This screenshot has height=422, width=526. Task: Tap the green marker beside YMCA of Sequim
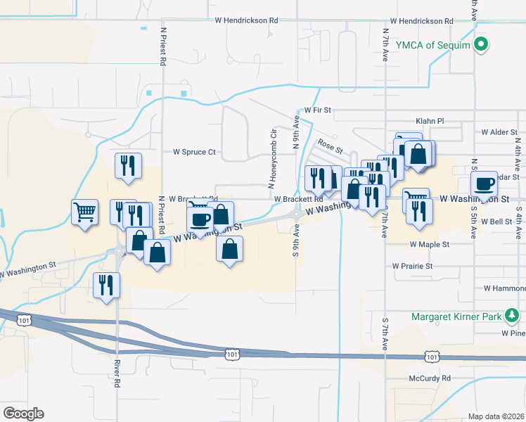(x=481, y=46)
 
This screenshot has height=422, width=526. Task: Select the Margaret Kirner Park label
(x=458, y=316)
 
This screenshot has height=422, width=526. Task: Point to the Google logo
(x=23, y=414)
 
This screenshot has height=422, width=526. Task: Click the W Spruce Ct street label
(x=194, y=152)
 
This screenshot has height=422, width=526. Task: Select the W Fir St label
(x=317, y=111)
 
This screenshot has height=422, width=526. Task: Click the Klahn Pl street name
(x=430, y=121)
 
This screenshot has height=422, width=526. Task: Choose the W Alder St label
(x=499, y=132)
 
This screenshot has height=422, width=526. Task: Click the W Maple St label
(x=430, y=245)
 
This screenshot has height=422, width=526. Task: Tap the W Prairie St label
(x=413, y=267)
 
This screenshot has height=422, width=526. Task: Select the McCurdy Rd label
(x=430, y=378)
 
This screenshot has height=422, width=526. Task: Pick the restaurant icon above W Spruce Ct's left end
(x=128, y=166)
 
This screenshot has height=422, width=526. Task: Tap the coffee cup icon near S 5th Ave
(x=484, y=184)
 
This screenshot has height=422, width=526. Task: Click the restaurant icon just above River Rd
(x=107, y=285)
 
